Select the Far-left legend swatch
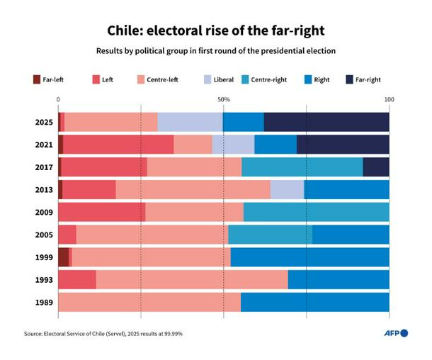pyautogui.click(x=37, y=80)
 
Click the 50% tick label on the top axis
pyautogui.click(x=223, y=99)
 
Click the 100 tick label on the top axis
pyautogui.click(x=389, y=99)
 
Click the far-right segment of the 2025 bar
pyautogui.click(x=326, y=123)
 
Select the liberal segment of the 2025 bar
pyautogui.click(x=190, y=123)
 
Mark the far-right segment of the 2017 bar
pyautogui.click(x=375, y=167)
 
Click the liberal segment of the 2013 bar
pyautogui.click(x=287, y=190)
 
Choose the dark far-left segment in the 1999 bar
pyautogui.click(x=63, y=257)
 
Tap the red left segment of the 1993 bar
pyautogui.click(x=76, y=279)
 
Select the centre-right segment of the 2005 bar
pyautogui.click(x=270, y=235)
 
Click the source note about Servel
pyautogui.click(x=103, y=333)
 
